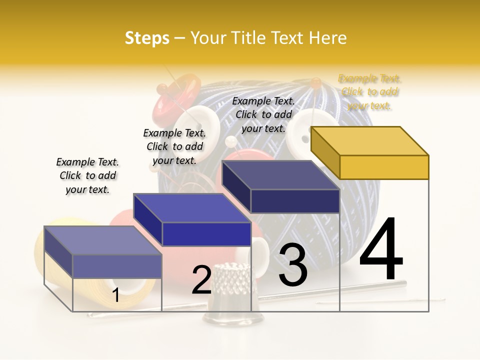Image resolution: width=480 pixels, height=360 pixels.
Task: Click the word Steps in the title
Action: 147,38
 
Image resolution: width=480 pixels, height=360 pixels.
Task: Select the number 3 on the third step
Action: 293,265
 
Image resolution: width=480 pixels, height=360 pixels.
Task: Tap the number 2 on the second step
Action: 201,280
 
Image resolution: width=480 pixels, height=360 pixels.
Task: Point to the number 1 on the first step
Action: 115,295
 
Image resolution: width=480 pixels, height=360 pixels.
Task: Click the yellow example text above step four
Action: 370,92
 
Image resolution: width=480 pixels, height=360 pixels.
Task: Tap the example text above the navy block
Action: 263,114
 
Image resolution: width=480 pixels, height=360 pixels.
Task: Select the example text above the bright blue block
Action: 174,146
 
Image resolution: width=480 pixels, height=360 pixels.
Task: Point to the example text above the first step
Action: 87,175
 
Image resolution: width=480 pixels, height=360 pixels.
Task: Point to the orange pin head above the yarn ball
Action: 315,82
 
